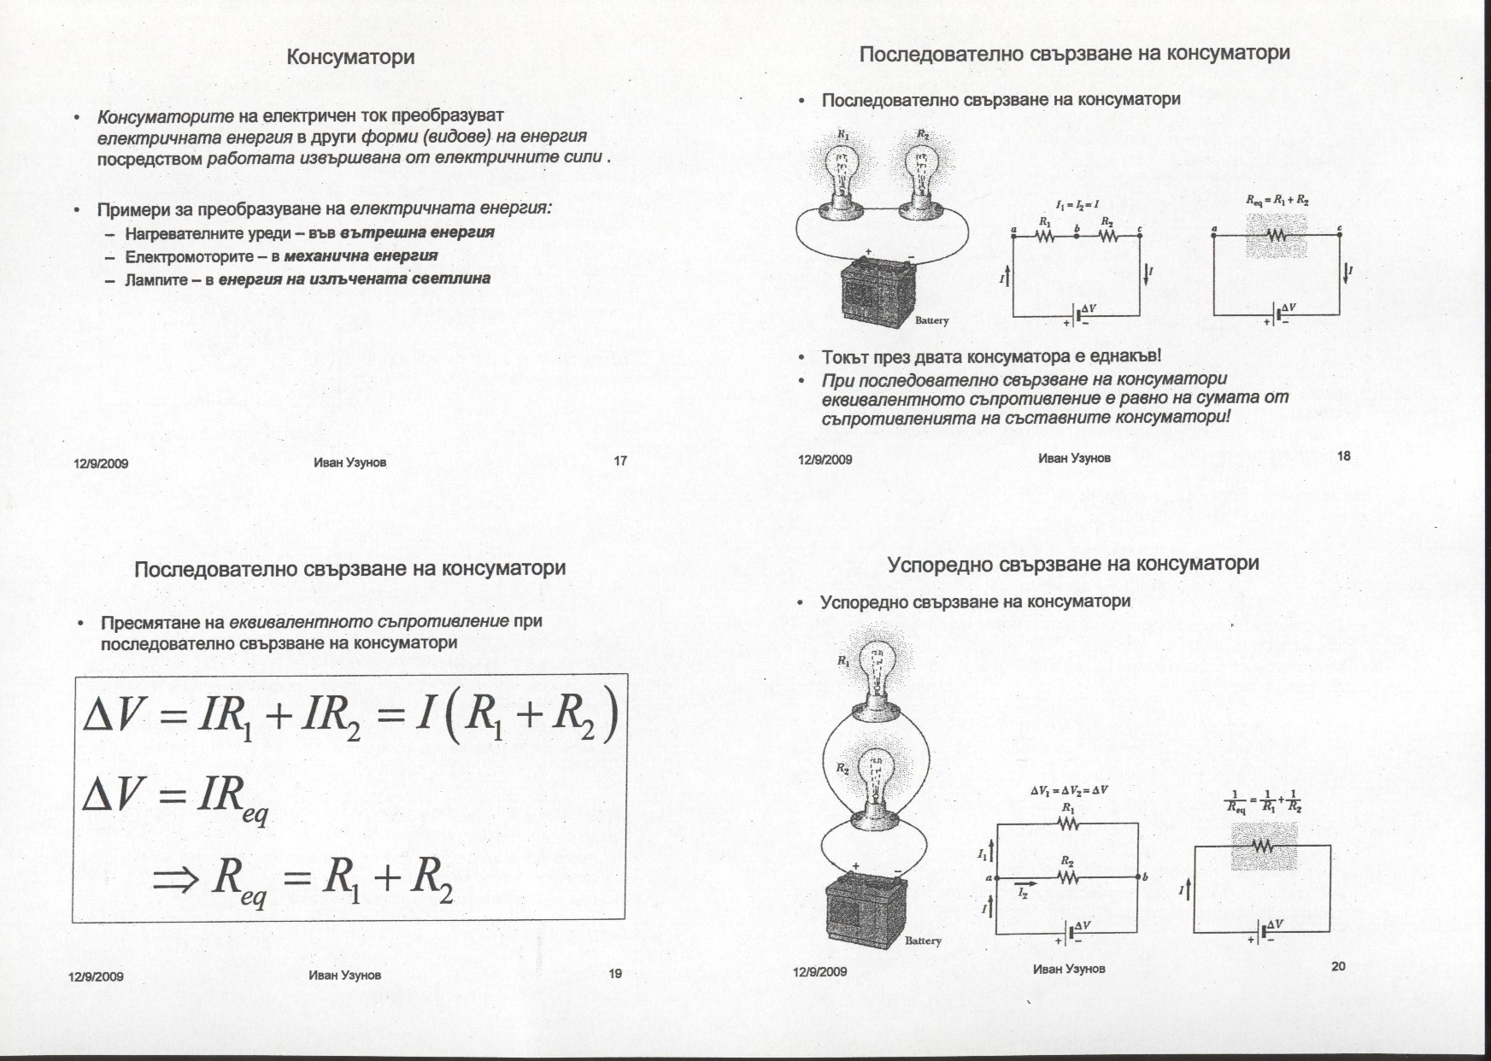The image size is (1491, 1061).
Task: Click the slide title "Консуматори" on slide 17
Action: coord(350,57)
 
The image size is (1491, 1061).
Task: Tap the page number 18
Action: coord(1343,456)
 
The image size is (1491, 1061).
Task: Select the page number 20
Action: coord(1338,966)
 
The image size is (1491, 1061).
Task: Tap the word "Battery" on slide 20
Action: coord(923,941)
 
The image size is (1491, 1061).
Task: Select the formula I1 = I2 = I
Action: coord(1077,205)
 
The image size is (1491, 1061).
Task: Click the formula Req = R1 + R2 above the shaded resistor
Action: coord(1277,201)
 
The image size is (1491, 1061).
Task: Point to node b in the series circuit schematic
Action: coord(1077,236)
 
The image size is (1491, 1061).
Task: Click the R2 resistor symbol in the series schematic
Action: coord(1107,236)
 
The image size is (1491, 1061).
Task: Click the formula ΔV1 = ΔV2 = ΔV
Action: coord(1068,790)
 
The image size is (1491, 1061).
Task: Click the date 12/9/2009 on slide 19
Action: coord(96,976)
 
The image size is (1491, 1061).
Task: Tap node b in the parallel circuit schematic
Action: coord(1139,876)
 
